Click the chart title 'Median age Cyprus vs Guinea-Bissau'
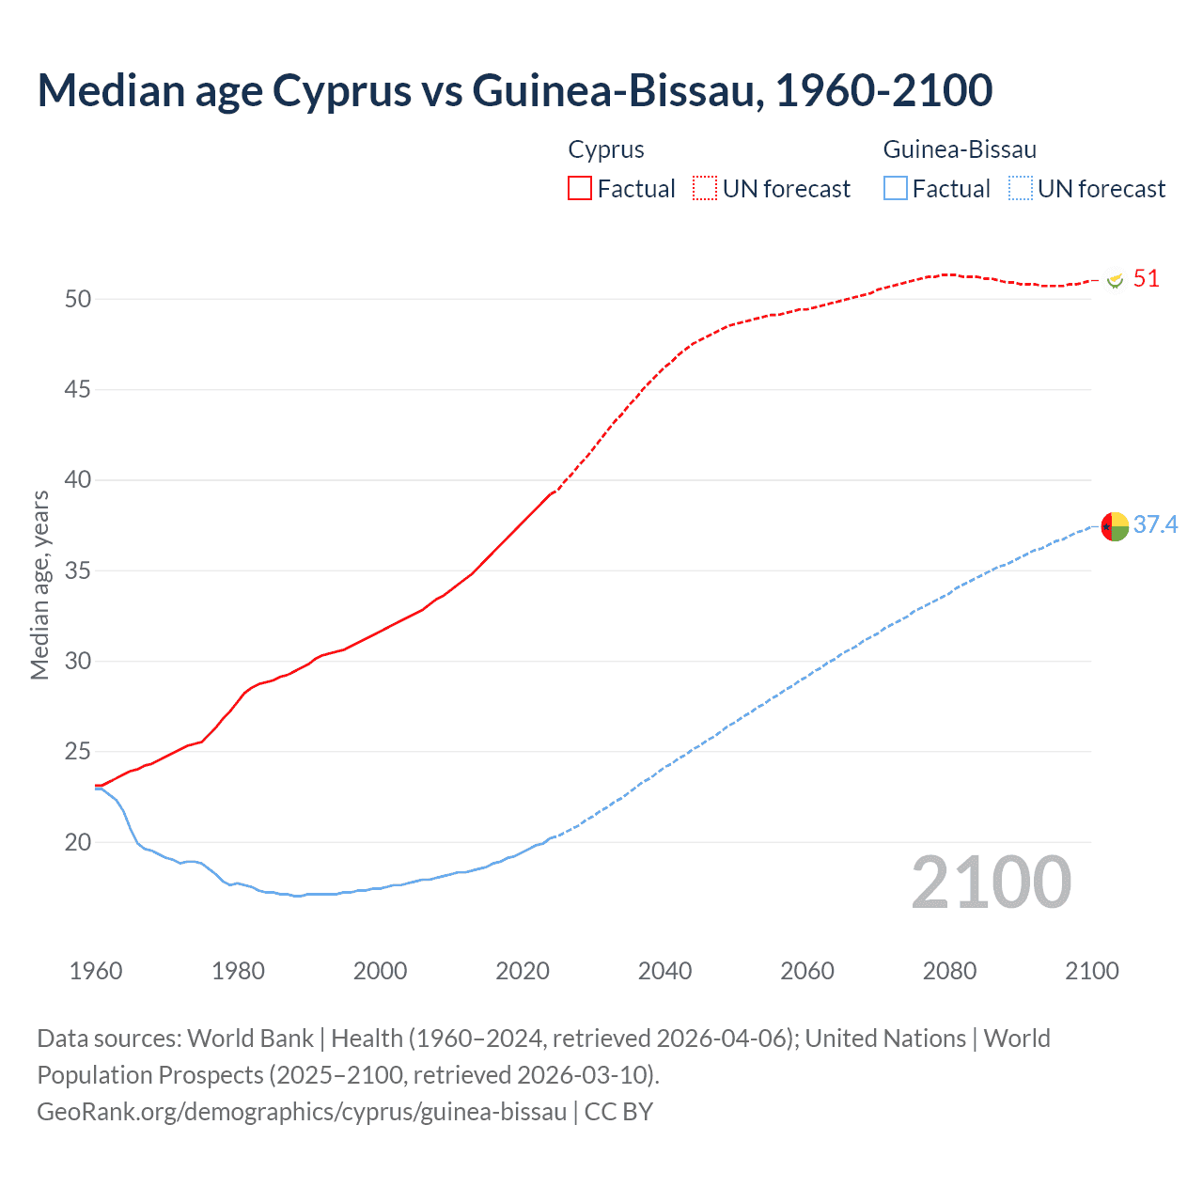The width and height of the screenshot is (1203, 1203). [514, 90]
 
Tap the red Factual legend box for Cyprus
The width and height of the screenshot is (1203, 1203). [580, 188]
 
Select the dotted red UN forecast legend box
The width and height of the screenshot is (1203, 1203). [705, 188]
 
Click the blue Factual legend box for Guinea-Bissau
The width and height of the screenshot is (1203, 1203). [895, 188]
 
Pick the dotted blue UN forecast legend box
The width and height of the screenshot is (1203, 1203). [1020, 188]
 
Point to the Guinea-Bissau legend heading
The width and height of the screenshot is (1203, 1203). [960, 149]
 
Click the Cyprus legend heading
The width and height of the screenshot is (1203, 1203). [606, 149]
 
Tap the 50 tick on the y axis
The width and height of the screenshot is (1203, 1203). [78, 299]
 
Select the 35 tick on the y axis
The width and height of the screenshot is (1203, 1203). [78, 570]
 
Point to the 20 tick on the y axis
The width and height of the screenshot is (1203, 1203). [78, 842]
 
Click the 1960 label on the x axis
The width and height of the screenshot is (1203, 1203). [96, 971]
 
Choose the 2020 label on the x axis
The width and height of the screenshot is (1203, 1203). [523, 971]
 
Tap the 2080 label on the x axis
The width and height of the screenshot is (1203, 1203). [949, 971]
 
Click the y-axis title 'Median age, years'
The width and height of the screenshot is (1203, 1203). [40, 585]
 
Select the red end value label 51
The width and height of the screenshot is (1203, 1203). [1146, 279]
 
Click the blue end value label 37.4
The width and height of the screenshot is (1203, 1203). [1155, 524]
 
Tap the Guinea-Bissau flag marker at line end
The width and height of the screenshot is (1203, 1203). [1115, 526]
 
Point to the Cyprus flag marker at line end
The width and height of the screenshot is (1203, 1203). [1116, 280]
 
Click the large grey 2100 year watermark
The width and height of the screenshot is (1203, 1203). [991, 882]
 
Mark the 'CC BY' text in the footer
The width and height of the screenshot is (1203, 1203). [618, 1112]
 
